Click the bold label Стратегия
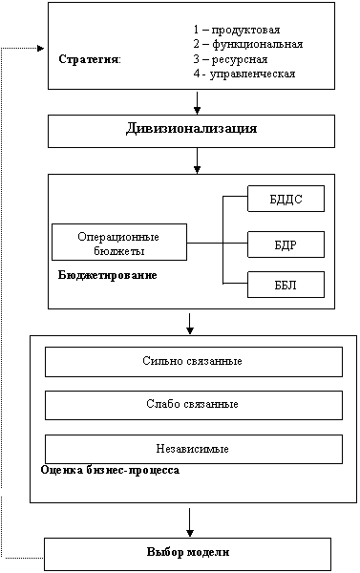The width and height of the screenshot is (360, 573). coord(90,59)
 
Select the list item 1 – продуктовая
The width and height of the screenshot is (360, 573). coord(237,30)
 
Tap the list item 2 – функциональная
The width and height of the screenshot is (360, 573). coord(248,44)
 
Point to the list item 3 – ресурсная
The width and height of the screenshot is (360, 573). coord(231,59)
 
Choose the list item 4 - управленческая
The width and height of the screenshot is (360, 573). coord(244,74)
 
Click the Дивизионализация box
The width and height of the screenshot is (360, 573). coord(191,131)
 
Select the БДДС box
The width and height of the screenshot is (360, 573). coord(286,199)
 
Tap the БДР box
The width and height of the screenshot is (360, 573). coord(286,244)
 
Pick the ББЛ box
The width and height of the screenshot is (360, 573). coord(286,285)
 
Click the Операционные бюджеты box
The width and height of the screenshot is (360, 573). coord(119,242)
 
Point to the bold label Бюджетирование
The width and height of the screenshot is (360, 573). coord(108,275)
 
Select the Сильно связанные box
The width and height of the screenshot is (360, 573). coord(194,362)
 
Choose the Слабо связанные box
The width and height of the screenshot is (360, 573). coord(194,405)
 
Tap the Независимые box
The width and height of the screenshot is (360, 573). coord(194,449)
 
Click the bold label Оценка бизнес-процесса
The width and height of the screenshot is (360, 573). coord(110,470)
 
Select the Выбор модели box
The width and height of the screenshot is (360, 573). coord(187,554)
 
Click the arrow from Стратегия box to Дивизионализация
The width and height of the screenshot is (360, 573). coord(197,103)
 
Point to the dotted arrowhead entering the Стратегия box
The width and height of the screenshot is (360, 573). coord(40,48)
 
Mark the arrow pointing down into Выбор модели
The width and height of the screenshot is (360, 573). coord(190,522)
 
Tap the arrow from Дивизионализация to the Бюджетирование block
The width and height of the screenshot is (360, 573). coord(197,160)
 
